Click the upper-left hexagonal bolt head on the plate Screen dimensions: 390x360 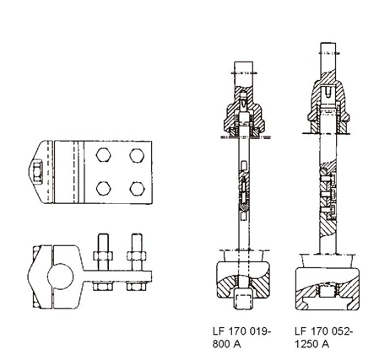click(103, 155)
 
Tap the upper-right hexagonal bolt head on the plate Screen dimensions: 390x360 click(137, 155)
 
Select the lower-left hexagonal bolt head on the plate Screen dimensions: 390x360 click(103, 188)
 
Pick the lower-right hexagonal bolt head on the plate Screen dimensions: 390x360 click(137, 189)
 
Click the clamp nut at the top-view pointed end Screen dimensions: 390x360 click(37, 172)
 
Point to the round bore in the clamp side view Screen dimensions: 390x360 click(60, 277)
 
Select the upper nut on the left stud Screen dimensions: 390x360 click(103, 256)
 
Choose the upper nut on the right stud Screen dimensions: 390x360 click(137, 256)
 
